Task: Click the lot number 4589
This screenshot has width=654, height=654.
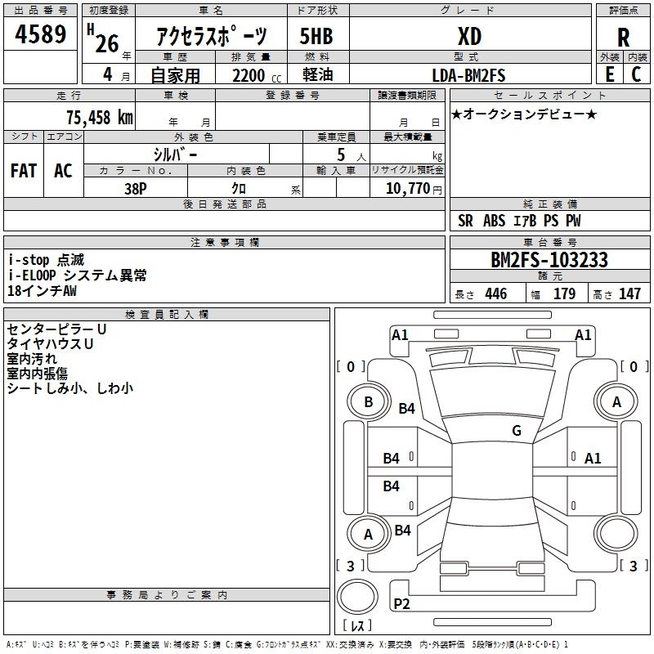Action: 40,34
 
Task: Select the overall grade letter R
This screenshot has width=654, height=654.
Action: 623,38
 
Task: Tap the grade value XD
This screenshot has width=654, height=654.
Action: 469,36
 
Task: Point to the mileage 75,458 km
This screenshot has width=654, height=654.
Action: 100,117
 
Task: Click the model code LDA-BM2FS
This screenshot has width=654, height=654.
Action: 468,75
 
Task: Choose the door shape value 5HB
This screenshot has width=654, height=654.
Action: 316,36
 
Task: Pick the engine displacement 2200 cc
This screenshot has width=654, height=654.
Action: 257,75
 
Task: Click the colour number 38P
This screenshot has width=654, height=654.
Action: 136,189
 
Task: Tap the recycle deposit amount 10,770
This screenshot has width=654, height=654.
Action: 407,188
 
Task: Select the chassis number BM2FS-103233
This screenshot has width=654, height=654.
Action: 549,260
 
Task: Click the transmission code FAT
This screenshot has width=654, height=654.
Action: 24,171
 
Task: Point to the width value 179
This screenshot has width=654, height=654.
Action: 564,293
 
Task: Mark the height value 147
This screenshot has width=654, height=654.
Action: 629,293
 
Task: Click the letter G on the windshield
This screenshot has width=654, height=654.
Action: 517,430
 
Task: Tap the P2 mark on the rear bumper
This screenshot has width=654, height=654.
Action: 401,603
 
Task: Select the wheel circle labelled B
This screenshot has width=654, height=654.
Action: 369,402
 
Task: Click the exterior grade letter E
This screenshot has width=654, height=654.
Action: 610,74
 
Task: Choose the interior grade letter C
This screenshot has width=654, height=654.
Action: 636,74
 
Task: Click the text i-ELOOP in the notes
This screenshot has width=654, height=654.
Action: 32,275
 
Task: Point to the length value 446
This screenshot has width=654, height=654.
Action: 496,293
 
